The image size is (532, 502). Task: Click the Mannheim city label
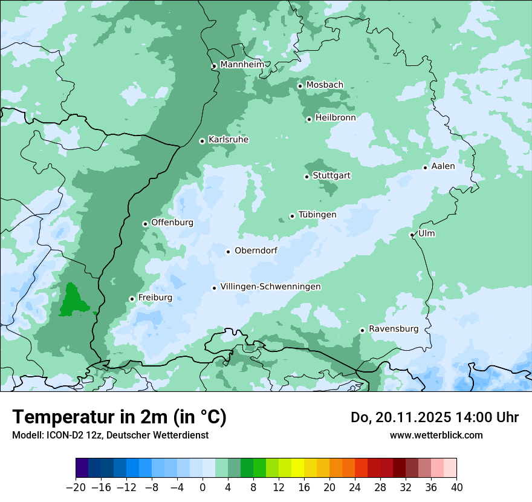click(x=242, y=64)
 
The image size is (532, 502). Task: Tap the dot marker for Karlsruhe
click(x=203, y=141)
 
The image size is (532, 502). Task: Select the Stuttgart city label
click(x=331, y=175)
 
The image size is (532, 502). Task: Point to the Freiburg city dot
click(x=132, y=299)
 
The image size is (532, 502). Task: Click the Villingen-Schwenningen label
click(x=270, y=287)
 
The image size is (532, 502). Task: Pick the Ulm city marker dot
click(x=412, y=235)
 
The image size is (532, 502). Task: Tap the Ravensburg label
click(x=394, y=329)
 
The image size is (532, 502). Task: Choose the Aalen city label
click(x=443, y=166)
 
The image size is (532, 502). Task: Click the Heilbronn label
click(x=336, y=118)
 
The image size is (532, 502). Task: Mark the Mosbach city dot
click(x=300, y=86)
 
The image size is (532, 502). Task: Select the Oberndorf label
click(x=256, y=250)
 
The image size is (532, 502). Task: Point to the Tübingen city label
click(x=317, y=215)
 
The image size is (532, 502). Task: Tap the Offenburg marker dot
click(x=145, y=224)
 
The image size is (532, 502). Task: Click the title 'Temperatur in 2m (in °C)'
click(x=119, y=417)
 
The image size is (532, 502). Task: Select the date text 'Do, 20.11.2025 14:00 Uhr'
click(x=434, y=417)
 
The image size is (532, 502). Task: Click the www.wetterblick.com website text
click(x=436, y=435)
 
